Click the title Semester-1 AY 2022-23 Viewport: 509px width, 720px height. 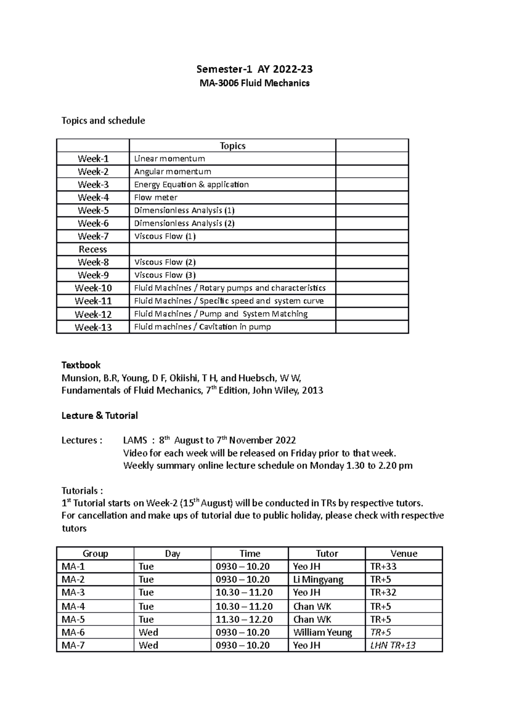pos(255,69)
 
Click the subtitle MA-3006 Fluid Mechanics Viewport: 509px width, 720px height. pos(255,83)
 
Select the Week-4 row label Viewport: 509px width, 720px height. pos(93,198)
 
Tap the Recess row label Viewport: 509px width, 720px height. pos(93,249)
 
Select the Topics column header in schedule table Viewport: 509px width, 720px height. pos(232,146)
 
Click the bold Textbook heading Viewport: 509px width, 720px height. pos(81,365)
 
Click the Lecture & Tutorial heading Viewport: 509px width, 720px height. pos(100,416)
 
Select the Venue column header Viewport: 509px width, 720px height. pos(404,554)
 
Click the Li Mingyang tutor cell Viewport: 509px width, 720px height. pos(318,580)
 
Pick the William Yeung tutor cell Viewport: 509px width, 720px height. pos(322,633)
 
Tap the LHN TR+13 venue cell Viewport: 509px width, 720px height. pos(393,645)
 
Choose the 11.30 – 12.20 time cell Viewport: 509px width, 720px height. pos(244,620)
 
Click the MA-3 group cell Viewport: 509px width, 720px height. pos(73,593)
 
